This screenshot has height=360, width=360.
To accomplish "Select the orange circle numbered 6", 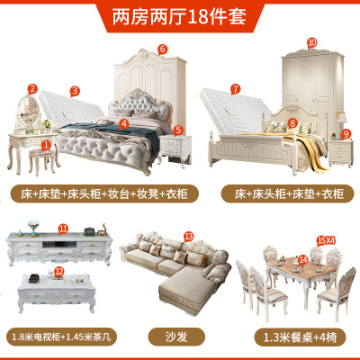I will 163,49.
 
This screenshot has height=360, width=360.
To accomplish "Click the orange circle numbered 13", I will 187,236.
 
